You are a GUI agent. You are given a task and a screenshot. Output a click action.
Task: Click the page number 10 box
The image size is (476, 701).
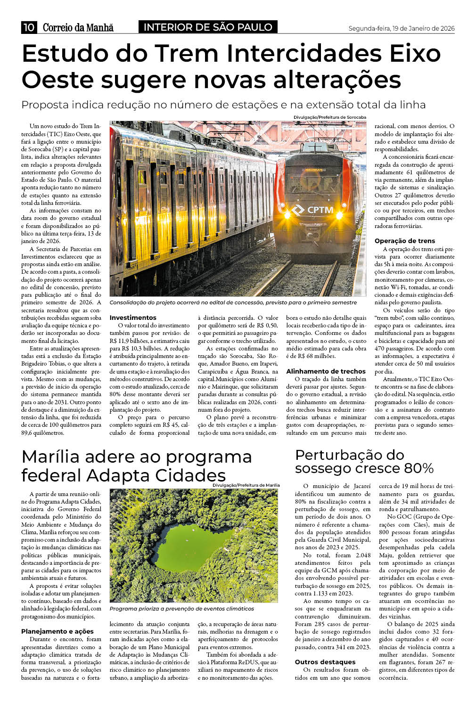coord(29,27)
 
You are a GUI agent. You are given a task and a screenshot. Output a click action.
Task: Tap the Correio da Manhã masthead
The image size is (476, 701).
coord(78,27)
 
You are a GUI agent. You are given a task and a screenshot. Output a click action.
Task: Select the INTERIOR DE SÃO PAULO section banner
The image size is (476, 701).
coord(208,27)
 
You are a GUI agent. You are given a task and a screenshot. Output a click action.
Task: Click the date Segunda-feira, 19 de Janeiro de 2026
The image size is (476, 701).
coord(401,28)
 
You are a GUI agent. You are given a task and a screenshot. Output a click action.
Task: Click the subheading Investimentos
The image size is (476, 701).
coord(133,318)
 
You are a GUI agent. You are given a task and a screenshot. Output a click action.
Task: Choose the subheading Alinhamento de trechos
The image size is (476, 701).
coord(326,371)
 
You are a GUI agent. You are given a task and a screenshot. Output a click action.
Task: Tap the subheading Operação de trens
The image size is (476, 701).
coord(405,241)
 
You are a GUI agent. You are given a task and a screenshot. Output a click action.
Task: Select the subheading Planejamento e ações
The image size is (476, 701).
coord(57,631)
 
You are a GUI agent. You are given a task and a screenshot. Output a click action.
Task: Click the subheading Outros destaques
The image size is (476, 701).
coord(325,662)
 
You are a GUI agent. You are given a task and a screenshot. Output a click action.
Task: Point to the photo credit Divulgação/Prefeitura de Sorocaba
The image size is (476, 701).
coord(329,117)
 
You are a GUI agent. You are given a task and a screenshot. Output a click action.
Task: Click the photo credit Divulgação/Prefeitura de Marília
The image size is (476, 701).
coord(246,485)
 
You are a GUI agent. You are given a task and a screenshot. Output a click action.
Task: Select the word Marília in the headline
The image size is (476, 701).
coord(55,457)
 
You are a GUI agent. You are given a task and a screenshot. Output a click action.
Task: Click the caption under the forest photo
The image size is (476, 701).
coord(181,609)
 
